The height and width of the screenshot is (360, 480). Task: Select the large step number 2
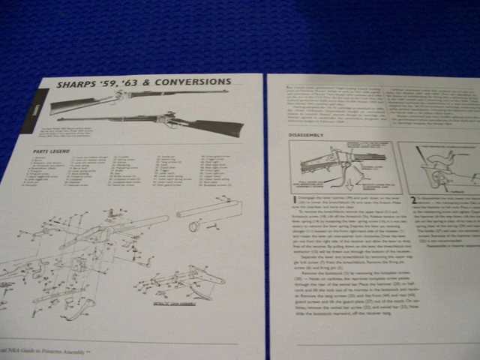[413, 200]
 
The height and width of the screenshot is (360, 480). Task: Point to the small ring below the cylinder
[193, 226]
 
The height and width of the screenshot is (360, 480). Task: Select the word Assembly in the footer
[77, 349]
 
